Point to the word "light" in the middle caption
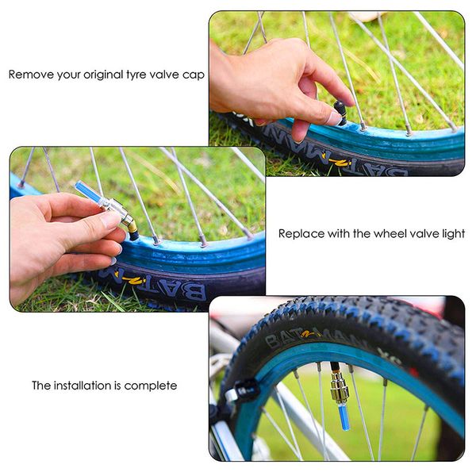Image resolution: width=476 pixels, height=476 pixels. tap(453, 233)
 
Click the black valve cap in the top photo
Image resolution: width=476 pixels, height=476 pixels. tap(340, 112)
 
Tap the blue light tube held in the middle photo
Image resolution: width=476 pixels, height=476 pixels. tap(87, 191)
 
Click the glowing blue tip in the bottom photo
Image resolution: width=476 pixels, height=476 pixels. tap(344, 418)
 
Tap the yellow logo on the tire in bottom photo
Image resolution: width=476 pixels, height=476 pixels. tap(309, 335)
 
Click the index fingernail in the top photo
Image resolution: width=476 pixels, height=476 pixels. tap(335, 119)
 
